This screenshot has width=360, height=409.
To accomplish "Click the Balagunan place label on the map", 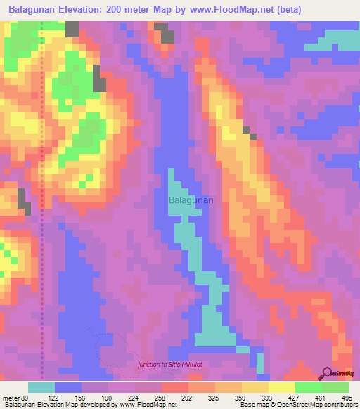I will click(191, 200).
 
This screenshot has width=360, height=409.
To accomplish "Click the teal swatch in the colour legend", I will click(41, 387).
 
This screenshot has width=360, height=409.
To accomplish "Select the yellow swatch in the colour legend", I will click(281, 387).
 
